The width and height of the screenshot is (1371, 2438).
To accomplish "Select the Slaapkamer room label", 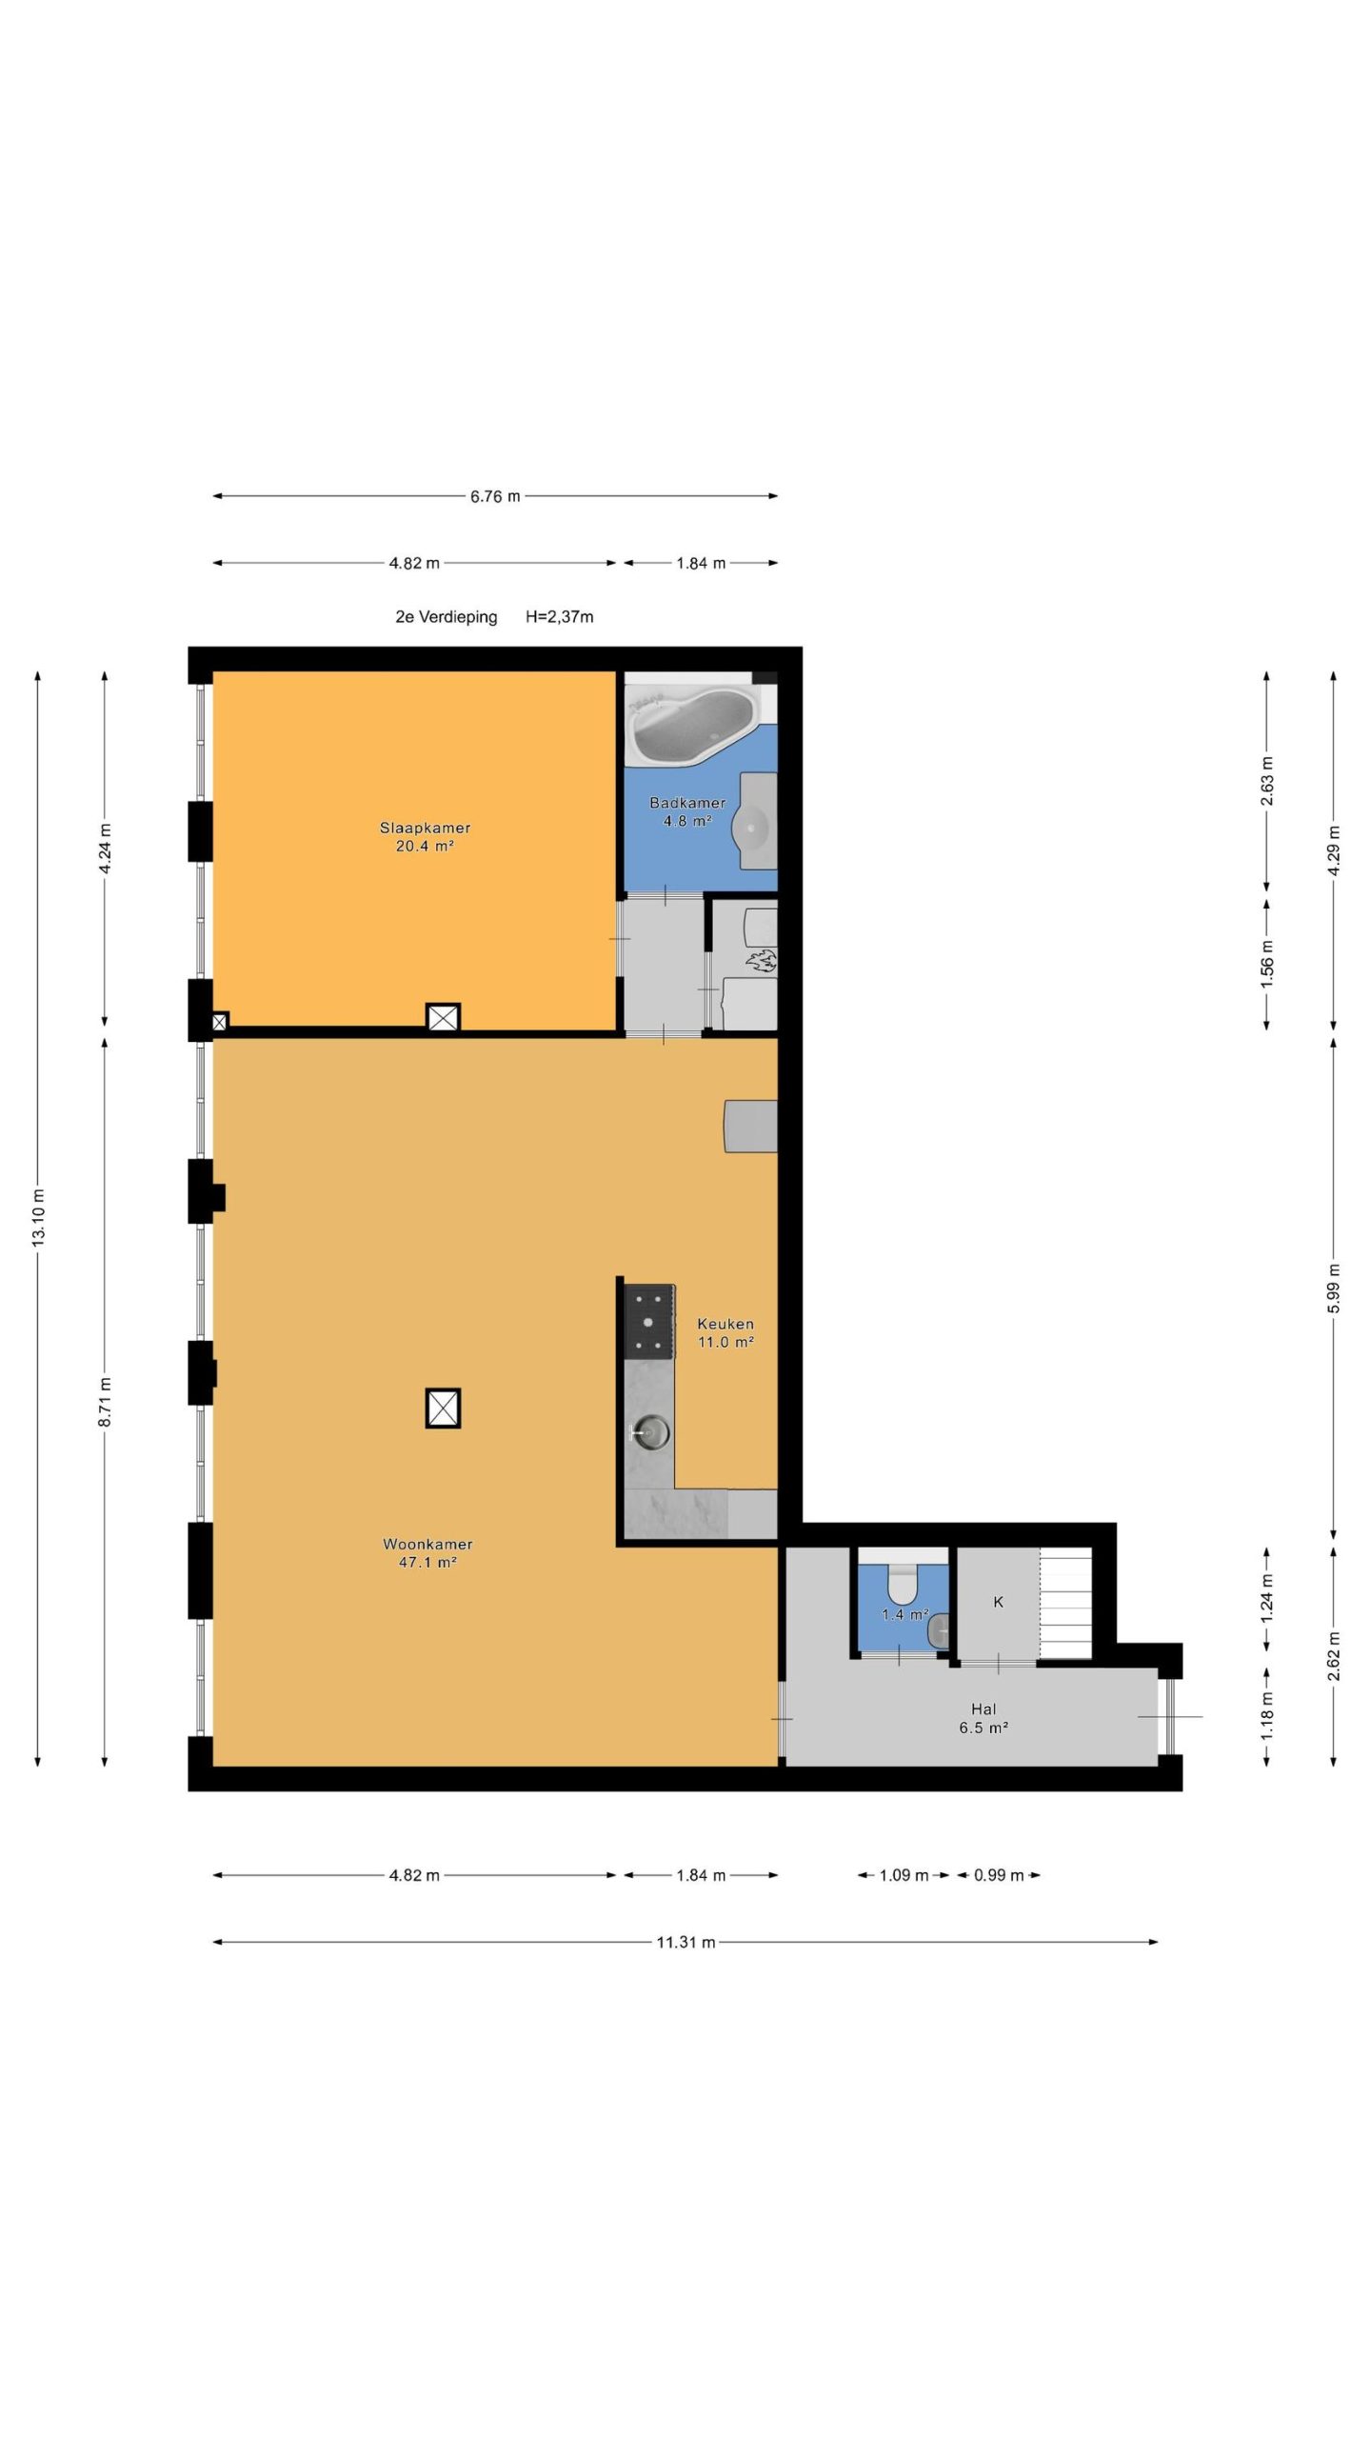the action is pyautogui.click(x=425, y=828).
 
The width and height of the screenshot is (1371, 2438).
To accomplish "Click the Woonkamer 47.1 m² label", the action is pyautogui.click(x=427, y=1552).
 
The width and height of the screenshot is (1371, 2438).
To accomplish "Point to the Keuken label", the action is pyautogui.click(x=725, y=1324).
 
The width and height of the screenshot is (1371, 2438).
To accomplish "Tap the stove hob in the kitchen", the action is pyautogui.click(x=649, y=1322).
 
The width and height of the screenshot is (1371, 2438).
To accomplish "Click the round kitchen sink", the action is pyautogui.click(x=652, y=1431).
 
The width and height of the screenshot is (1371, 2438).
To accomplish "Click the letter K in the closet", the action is pyautogui.click(x=998, y=1602).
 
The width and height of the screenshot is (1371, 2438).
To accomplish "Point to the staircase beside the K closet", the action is pyautogui.click(x=1064, y=1604).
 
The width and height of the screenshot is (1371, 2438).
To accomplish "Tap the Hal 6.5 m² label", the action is pyautogui.click(x=984, y=1718).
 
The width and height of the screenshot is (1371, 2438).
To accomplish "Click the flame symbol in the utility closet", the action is pyautogui.click(x=762, y=961).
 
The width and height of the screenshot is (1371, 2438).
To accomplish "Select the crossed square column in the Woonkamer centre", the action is pyautogui.click(x=443, y=1408).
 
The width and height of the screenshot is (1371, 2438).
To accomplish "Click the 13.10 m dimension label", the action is pyautogui.click(x=38, y=1218).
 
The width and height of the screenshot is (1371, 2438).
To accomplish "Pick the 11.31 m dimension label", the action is pyautogui.click(x=685, y=1942).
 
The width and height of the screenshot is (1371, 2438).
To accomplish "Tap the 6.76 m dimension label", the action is pyautogui.click(x=495, y=496).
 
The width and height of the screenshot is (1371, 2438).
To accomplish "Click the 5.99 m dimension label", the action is pyautogui.click(x=1334, y=1289).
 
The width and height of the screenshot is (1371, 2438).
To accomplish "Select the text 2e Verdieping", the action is pyautogui.click(x=447, y=617).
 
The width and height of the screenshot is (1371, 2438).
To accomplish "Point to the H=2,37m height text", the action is pyautogui.click(x=560, y=617).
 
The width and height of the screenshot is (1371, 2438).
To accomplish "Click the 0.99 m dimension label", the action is pyautogui.click(x=999, y=1875).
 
